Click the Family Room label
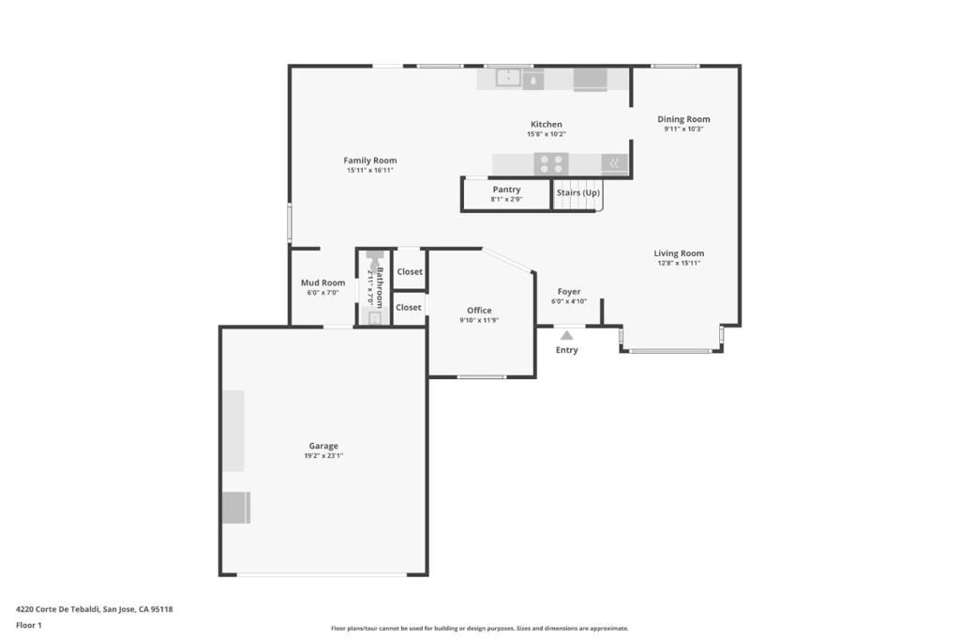tap(369, 160)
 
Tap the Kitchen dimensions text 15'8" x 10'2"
tap(546, 134)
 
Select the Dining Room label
tap(683, 119)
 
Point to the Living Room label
tap(679, 253)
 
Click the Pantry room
tap(506, 193)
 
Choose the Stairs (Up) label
tap(577, 192)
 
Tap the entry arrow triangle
tap(566, 335)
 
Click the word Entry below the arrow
tap(566, 350)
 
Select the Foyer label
tap(568, 292)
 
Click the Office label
tap(479, 311)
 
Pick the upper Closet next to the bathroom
tap(410, 272)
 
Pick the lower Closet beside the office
tap(409, 307)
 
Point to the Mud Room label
tap(322, 282)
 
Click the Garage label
tap(323, 446)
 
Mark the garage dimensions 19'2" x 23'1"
tap(323, 456)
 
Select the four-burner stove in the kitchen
tap(551, 164)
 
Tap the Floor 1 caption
tap(29, 625)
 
